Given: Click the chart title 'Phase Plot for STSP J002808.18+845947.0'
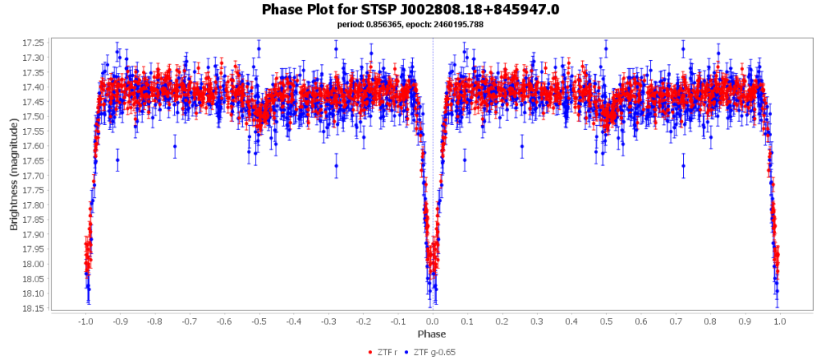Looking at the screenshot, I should [x=410, y=9].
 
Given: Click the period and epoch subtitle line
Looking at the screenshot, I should [x=410, y=25].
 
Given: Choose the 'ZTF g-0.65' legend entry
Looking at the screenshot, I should [x=434, y=352].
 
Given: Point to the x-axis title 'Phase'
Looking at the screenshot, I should [x=431, y=334].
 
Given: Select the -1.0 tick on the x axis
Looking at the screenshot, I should [x=85, y=321].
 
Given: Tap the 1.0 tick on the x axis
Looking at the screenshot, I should [x=779, y=321].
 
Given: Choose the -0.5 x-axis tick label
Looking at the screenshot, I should [x=258, y=321].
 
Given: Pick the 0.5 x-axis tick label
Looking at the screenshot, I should [x=606, y=321].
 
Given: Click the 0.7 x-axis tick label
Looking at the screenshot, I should [x=676, y=321].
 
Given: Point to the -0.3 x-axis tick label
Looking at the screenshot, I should [x=328, y=321].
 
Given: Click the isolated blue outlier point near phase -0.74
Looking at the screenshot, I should [x=175, y=146].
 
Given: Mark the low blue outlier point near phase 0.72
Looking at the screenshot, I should [x=683, y=166].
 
